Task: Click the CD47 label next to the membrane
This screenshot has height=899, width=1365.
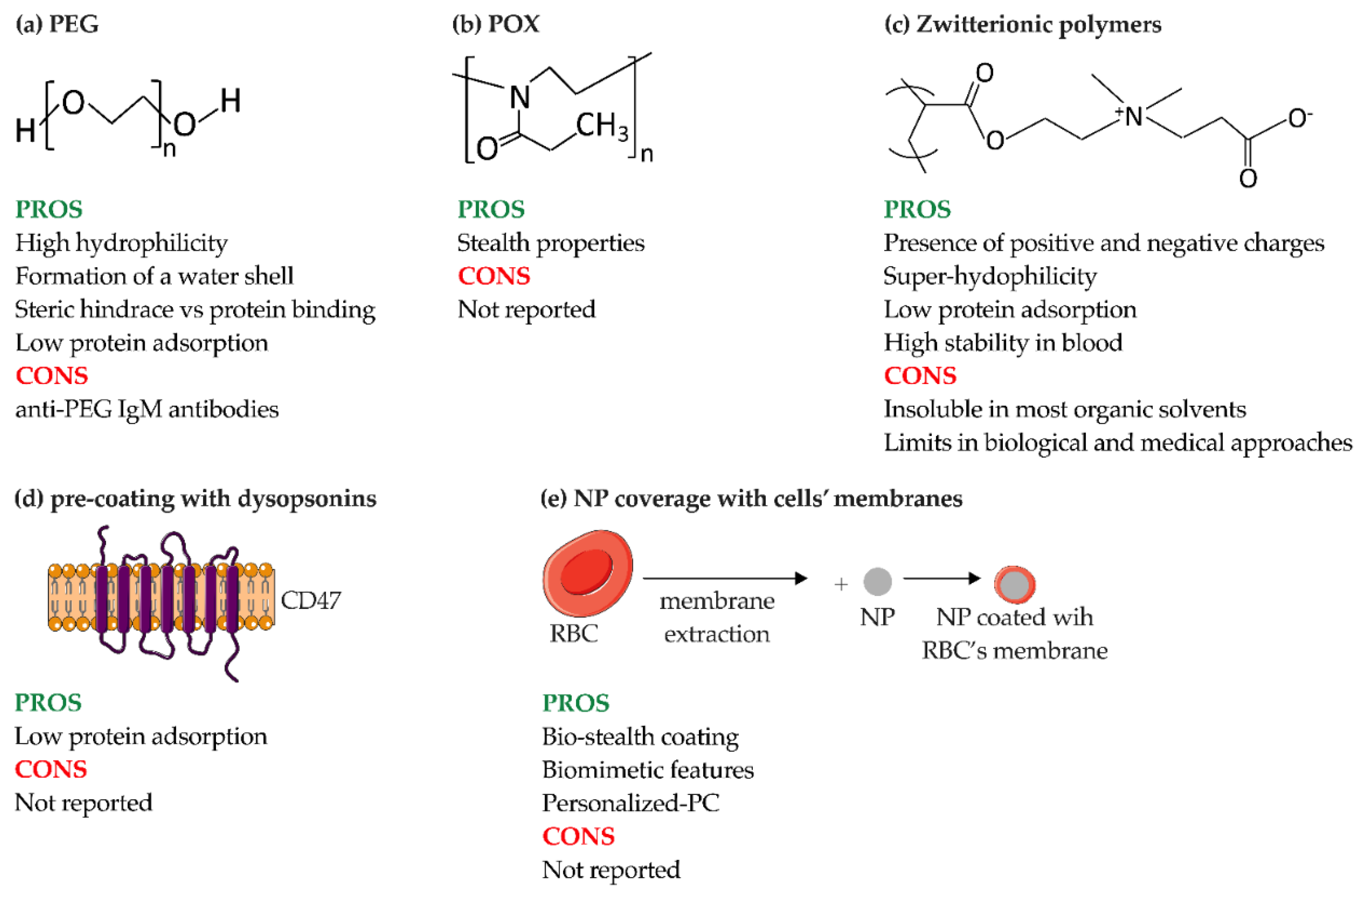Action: (310, 601)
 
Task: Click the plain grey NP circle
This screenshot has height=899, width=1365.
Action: (877, 582)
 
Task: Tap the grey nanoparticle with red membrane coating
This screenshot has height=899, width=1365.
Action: (1014, 585)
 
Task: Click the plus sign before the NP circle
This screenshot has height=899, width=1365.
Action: (841, 584)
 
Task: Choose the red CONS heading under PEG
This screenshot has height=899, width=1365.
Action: (52, 376)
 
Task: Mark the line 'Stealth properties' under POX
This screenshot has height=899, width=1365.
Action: (550, 243)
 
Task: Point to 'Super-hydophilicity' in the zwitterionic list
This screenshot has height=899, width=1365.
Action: (990, 276)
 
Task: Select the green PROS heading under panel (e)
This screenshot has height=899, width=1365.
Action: (576, 703)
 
